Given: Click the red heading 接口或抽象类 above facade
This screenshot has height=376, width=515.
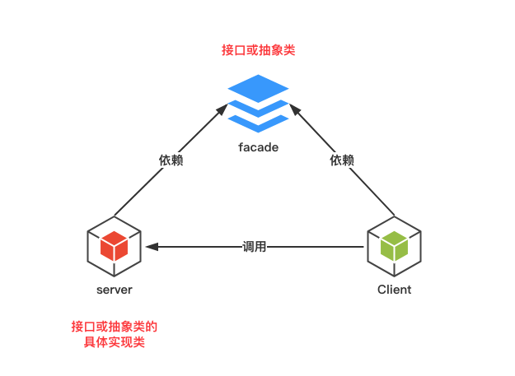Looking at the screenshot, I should click(258, 50).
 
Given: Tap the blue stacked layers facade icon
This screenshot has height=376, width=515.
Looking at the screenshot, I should click(258, 103).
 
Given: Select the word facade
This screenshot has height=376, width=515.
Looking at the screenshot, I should click(258, 147).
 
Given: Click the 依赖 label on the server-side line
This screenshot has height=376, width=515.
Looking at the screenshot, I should click(171, 160).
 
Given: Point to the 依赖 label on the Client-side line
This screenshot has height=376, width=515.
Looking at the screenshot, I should click(342, 160).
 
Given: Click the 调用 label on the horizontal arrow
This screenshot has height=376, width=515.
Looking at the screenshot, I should click(255, 246).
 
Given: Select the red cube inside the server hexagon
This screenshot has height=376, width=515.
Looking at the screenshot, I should click(114, 245).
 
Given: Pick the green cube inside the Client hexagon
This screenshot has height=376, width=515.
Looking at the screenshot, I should click(394, 245).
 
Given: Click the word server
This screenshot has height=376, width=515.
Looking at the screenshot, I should click(114, 290).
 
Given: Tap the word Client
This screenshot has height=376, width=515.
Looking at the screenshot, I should click(394, 290).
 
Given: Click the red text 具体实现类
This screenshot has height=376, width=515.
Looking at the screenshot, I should click(114, 342).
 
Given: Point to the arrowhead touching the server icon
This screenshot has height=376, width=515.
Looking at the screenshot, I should click(151, 246).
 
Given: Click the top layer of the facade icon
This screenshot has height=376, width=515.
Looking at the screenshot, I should click(258, 87).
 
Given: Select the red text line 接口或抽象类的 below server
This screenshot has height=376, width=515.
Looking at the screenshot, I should click(114, 327).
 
